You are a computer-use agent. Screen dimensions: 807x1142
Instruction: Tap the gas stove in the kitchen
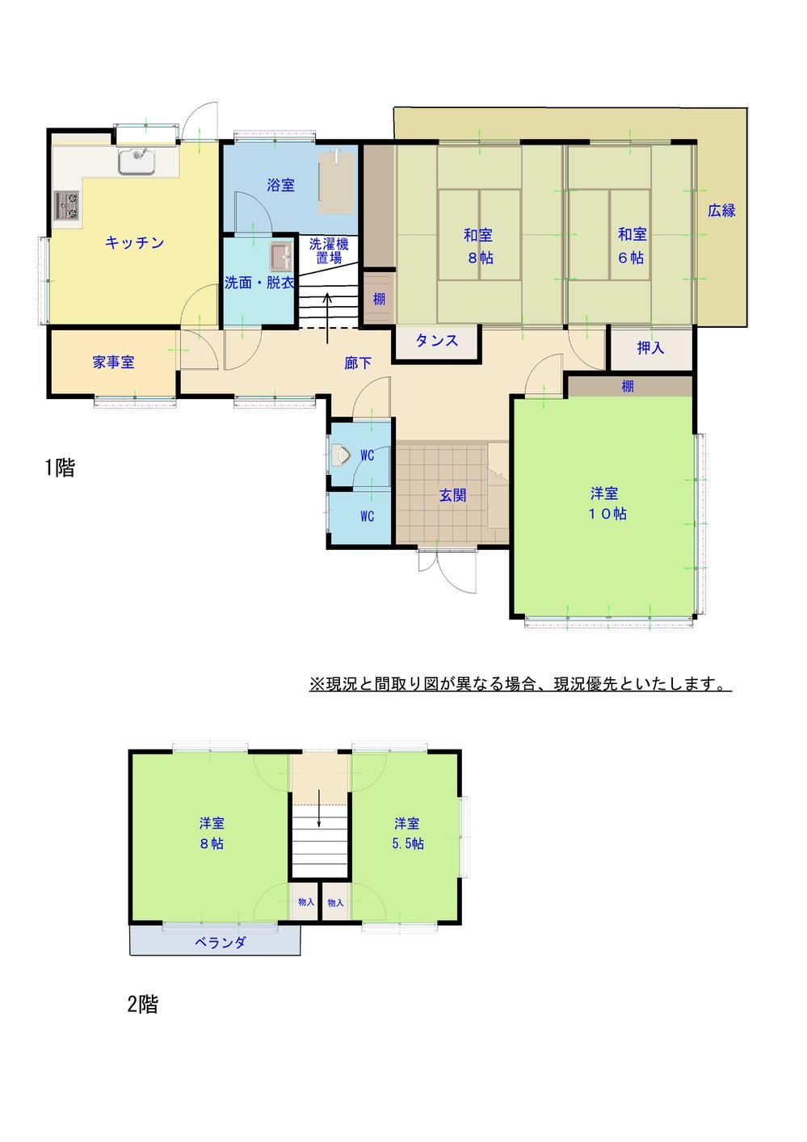(x=67, y=205)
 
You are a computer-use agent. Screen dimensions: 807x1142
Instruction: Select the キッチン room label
(x=135, y=242)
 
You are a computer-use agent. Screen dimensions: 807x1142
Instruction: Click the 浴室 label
(x=281, y=185)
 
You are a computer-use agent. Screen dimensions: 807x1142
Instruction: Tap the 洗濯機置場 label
(x=329, y=251)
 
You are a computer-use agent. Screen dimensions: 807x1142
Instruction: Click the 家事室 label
(x=114, y=362)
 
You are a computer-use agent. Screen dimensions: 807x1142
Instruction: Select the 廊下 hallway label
(x=357, y=363)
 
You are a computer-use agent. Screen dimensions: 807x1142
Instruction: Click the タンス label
(x=437, y=341)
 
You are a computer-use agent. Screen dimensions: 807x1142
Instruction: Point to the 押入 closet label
(x=650, y=347)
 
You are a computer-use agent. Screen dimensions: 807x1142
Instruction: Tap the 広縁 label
(x=721, y=210)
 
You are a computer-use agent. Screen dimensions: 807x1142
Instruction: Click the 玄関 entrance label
(x=452, y=495)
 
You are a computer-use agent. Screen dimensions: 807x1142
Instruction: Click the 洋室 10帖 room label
(x=607, y=503)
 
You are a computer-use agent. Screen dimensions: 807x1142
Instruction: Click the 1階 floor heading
(x=60, y=468)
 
